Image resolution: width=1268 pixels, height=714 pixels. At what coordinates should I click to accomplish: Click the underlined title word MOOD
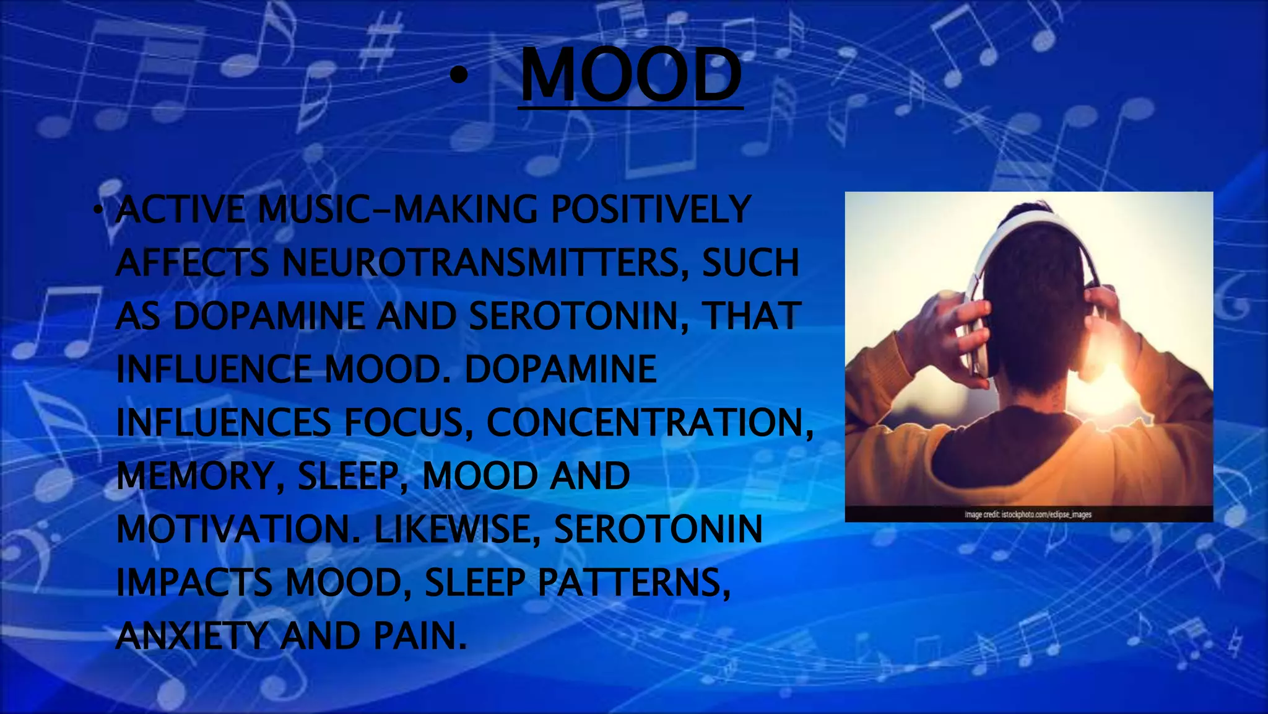631,75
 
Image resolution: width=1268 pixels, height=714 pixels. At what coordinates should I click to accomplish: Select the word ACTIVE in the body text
180,209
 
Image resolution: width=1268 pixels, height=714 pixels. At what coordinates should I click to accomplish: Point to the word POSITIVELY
651,209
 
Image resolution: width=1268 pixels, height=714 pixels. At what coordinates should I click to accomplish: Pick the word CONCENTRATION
649,423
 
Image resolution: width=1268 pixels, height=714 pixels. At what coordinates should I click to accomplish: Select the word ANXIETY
192,636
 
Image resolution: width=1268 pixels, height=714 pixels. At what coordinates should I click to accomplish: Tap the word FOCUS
409,423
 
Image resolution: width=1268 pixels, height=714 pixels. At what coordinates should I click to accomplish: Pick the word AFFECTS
192,263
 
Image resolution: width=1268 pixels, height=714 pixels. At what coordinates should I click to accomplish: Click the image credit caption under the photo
1028,514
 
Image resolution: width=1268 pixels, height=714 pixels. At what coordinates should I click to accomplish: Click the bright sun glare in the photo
1108,378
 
